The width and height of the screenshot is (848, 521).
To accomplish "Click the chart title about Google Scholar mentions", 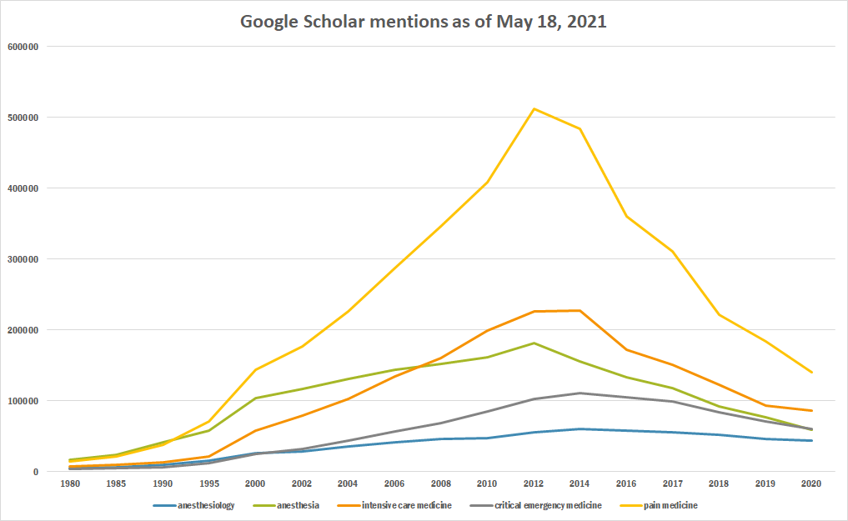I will pos(423,22).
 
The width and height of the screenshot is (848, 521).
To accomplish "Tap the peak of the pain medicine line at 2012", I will pos(534,108).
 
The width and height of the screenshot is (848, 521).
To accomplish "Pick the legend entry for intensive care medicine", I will pos(400,505).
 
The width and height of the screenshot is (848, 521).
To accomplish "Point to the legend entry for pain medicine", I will pos(664,505).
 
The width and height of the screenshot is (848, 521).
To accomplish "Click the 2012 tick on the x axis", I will pos(534,483).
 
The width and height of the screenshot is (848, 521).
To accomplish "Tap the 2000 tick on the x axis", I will pos(256,483).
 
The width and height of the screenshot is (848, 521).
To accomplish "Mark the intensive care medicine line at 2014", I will pos(580,311).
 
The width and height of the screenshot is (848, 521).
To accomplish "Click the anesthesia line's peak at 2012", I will pos(534,343).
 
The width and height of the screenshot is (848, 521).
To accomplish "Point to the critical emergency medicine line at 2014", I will pos(580,393).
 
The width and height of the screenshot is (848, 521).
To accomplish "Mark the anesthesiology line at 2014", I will pos(580,428).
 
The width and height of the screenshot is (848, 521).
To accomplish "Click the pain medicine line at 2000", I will pos(256,369).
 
